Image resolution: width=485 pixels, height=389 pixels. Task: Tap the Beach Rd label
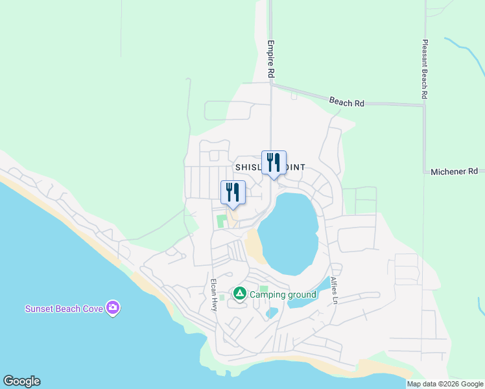click(x=347, y=102)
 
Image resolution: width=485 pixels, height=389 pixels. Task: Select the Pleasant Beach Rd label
click(x=425, y=69)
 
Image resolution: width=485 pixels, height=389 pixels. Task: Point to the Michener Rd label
click(x=454, y=171)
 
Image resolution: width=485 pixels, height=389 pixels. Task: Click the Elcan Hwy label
click(x=213, y=296)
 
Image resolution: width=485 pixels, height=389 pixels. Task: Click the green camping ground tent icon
click(x=239, y=294)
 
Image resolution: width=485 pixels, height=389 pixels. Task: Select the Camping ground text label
click(x=283, y=294)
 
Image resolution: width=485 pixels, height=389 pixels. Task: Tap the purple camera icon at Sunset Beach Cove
click(x=113, y=308)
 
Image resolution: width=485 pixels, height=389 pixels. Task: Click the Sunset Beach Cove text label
click(x=64, y=309)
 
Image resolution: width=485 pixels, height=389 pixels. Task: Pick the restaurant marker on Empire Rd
click(x=274, y=163)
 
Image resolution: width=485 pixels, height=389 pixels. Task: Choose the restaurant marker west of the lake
click(x=233, y=193)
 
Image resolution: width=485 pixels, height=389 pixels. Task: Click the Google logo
click(x=21, y=381)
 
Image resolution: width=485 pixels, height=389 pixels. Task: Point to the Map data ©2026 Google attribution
click(x=444, y=384)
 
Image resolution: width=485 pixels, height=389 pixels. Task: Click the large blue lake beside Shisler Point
click(x=290, y=233)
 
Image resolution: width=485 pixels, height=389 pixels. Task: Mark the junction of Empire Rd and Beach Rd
click(x=271, y=84)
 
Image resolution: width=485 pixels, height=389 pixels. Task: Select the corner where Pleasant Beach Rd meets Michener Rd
click(x=425, y=172)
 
